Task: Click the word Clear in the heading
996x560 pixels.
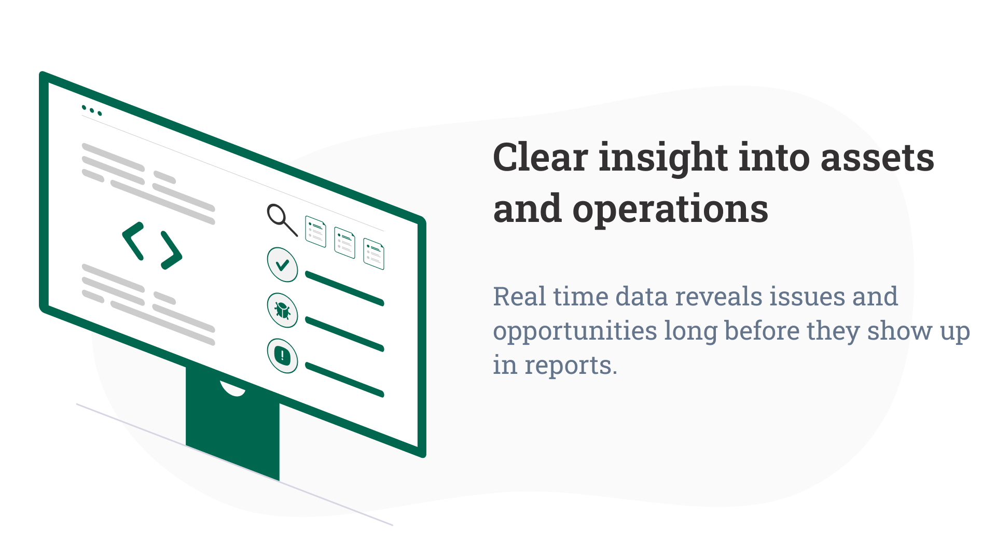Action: (x=540, y=158)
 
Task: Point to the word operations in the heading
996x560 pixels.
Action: (x=670, y=209)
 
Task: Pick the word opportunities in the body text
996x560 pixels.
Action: (x=575, y=332)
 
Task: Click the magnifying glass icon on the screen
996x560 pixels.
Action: (x=281, y=218)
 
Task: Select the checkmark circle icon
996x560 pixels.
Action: (x=282, y=264)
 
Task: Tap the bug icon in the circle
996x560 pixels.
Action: (x=282, y=310)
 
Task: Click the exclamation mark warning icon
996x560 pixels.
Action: (x=282, y=356)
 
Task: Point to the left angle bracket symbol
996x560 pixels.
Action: (x=133, y=241)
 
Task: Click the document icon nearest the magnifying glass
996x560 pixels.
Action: (x=315, y=231)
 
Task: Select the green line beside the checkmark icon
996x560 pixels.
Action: (x=344, y=288)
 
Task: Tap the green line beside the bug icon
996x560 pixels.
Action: (x=344, y=334)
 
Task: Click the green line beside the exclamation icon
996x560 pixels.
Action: (x=344, y=380)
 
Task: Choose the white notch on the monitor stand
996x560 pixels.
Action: (x=233, y=389)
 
